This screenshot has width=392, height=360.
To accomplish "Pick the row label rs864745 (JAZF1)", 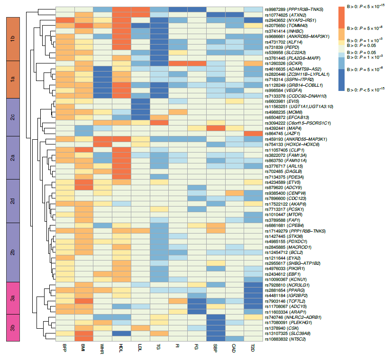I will point(283,133).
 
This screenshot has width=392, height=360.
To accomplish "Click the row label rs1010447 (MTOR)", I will point(283,214).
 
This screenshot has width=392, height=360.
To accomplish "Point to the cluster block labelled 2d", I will point(13,201).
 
